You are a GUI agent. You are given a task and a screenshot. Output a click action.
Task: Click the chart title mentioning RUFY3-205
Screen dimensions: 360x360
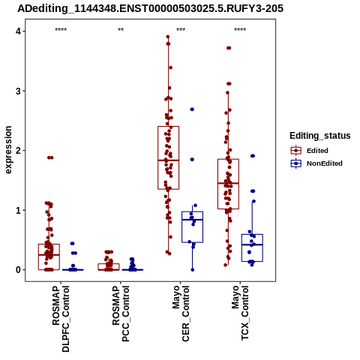pos(150,8)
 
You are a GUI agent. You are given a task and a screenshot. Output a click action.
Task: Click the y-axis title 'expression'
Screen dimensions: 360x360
pos(8,150)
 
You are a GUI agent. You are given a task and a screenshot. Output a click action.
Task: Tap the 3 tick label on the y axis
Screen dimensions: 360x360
pos(18,91)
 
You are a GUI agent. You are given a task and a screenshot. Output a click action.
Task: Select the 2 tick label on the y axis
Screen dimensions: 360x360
pos(18,151)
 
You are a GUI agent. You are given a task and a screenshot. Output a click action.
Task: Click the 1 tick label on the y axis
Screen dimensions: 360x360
pos(18,210)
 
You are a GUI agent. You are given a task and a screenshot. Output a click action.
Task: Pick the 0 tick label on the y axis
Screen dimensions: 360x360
pos(18,270)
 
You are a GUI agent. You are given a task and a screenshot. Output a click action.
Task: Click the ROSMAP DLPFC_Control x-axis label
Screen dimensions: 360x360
pos(61,319)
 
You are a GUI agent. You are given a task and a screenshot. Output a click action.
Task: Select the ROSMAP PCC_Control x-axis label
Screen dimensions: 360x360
pos(121,313)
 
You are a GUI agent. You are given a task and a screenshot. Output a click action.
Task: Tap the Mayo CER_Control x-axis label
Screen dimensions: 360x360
pos(181,313)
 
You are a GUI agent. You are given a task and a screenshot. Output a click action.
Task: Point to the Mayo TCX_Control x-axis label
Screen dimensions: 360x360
pos(240,313)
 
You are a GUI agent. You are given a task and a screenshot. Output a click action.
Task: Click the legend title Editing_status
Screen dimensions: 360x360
pos(320,136)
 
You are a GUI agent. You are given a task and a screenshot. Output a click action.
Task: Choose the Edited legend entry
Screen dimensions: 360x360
pos(310,151)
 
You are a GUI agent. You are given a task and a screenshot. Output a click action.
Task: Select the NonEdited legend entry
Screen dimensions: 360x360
pos(316,163)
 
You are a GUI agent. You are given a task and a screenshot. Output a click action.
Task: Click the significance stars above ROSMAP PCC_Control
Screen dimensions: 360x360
pos(121,29)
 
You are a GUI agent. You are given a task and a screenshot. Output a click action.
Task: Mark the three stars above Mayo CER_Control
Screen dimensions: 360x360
pos(181,29)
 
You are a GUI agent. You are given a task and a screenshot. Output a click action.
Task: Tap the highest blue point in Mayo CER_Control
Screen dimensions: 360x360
pos(192,109)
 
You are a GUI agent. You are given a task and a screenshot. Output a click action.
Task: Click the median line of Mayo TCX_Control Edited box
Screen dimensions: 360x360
pos(228,183)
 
